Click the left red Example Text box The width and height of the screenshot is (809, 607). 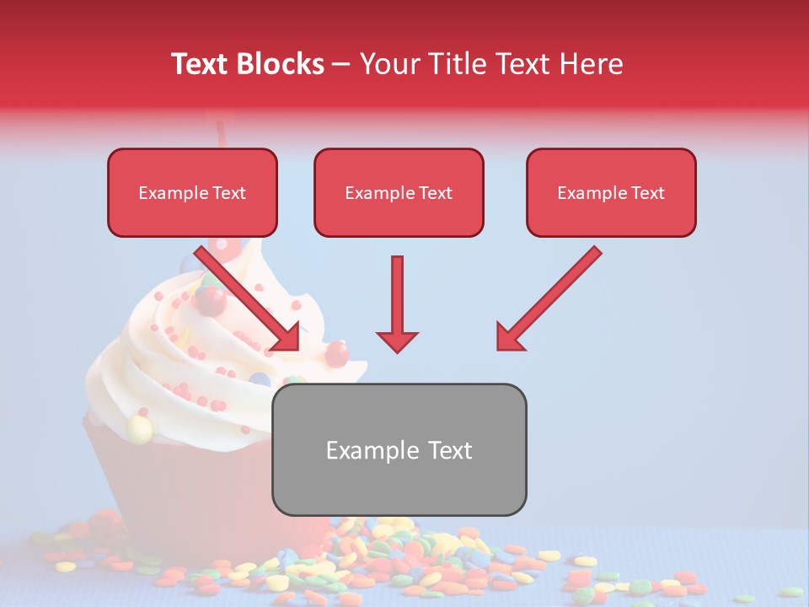click(192, 192)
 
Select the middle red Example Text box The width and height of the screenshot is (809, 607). click(399, 192)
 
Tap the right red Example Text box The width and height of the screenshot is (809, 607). click(611, 192)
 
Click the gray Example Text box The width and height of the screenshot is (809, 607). click(399, 449)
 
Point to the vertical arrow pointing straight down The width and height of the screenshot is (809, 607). click(397, 303)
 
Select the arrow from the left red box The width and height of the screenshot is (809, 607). click(249, 299)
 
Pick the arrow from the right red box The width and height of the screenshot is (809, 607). click(549, 298)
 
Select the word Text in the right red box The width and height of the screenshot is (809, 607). click(647, 193)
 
